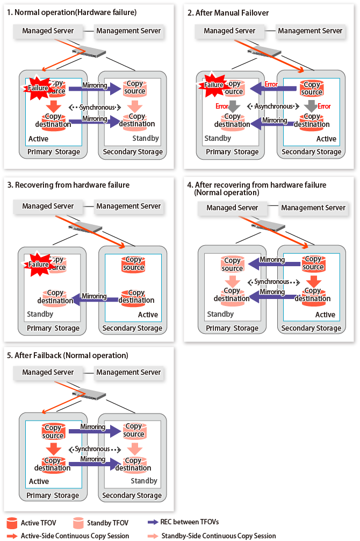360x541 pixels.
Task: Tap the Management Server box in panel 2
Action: click(310, 31)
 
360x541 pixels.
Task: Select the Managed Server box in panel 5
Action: click(48, 372)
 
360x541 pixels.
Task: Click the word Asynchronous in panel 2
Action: click(273, 106)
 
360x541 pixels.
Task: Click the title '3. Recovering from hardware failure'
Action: click(68, 185)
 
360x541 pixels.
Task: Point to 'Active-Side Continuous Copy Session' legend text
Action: click(75, 536)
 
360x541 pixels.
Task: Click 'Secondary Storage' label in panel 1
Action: click(132, 152)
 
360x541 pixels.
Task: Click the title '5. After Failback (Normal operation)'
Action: click(68, 355)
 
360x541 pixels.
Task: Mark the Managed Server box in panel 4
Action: click(232, 208)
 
